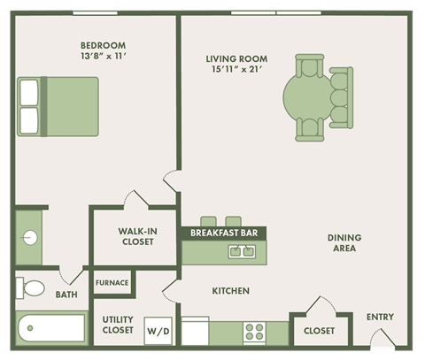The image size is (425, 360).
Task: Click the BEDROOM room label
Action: (x=103, y=45)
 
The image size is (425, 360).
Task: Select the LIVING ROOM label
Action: (x=236, y=59)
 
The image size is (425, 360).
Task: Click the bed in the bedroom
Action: (x=58, y=106)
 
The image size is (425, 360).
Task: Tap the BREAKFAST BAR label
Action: (x=224, y=234)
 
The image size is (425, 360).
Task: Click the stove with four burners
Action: (x=255, y=332)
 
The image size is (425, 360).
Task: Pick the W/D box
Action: (x=158, y=332)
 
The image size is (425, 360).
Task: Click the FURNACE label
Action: (x=112, y=283)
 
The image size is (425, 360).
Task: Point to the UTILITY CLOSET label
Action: (x=117, y=324)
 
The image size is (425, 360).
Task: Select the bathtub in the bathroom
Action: (x=50, y=329)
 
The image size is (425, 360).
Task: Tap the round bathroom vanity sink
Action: (x=29, y=237)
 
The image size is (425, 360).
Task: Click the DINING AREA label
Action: (x=342, y=243)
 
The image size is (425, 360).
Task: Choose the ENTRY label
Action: (x=380, y=317)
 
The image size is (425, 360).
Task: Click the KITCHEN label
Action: (x=230, y=291)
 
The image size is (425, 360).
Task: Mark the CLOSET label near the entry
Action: (x=319, y=331)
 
